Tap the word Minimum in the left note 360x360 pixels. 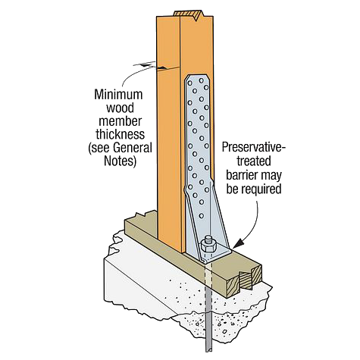coord(118,95)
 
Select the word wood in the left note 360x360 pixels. coord(120,108)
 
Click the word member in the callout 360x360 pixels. coord(120,121)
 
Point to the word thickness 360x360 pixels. coord(120,134)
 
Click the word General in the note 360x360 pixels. coord(133,148)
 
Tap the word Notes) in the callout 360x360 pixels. coord(121,161)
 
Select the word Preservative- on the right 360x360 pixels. coord(254,147)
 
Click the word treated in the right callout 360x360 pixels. coord(253,161)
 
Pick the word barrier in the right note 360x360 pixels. coord(241,175)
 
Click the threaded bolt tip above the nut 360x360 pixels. coord(208,239)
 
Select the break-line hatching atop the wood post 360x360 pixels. coord(187,14)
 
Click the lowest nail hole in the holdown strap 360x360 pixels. coord(202,216)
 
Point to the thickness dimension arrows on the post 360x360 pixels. coord(150,66)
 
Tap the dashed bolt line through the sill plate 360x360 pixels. coord(208,275)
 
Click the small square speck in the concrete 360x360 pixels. coord(224,331)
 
